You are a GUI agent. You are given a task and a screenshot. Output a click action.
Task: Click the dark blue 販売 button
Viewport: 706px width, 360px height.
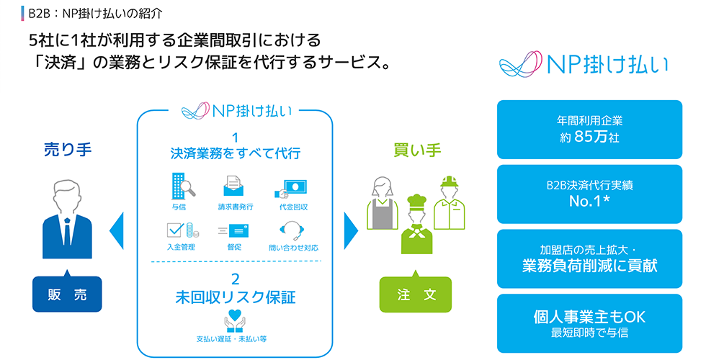[67, 294]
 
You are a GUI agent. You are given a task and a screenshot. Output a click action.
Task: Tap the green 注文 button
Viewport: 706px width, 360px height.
[416, 294]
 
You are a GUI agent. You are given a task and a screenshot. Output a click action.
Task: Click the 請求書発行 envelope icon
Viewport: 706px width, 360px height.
[233, 186]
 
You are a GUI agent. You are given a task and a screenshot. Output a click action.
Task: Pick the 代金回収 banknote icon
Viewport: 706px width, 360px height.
[290, 189]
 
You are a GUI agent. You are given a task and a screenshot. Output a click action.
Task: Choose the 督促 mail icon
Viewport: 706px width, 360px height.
[233, 231]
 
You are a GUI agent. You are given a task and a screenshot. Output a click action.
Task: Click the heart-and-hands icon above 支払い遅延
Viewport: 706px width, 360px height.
[235, 321]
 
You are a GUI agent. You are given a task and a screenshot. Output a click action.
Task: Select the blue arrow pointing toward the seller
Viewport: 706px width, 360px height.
[117, 231]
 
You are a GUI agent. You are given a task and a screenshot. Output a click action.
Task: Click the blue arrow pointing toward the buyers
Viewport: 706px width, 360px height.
[351, 231]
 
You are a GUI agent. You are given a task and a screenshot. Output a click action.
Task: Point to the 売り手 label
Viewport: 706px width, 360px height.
[68, 150]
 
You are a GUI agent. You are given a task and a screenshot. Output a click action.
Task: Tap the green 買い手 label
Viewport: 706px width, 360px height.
[417, 150]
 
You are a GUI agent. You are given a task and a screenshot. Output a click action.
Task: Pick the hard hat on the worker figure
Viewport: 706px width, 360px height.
[449, 181]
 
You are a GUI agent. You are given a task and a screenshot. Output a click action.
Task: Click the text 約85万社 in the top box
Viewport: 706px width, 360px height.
[589, 137]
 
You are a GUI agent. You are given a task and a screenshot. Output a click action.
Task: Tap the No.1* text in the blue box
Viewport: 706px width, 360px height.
[589, 201]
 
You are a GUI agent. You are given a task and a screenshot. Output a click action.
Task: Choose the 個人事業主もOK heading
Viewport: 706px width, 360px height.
[589, 317]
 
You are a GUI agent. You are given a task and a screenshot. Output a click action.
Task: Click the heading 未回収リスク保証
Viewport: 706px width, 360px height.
[236, 297]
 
